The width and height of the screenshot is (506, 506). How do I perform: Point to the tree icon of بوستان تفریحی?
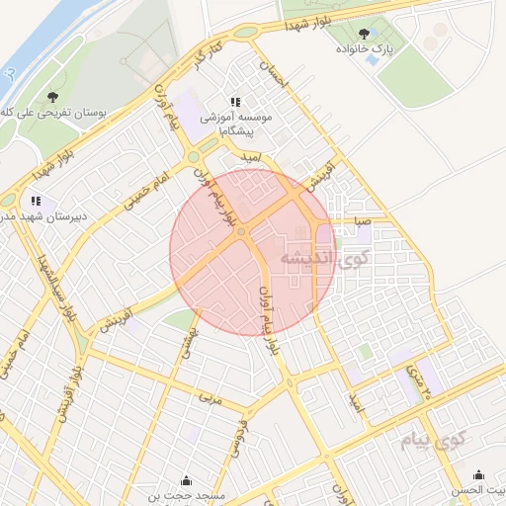52,97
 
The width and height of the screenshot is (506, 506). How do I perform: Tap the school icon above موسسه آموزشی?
235,102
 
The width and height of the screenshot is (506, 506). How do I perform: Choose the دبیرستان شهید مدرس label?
32,215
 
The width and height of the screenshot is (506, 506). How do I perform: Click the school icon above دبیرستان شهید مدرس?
36,201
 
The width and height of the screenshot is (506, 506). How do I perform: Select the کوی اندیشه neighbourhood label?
322,259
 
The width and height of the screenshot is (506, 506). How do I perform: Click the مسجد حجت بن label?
187,494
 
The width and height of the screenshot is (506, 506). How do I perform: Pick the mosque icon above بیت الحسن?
479,475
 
